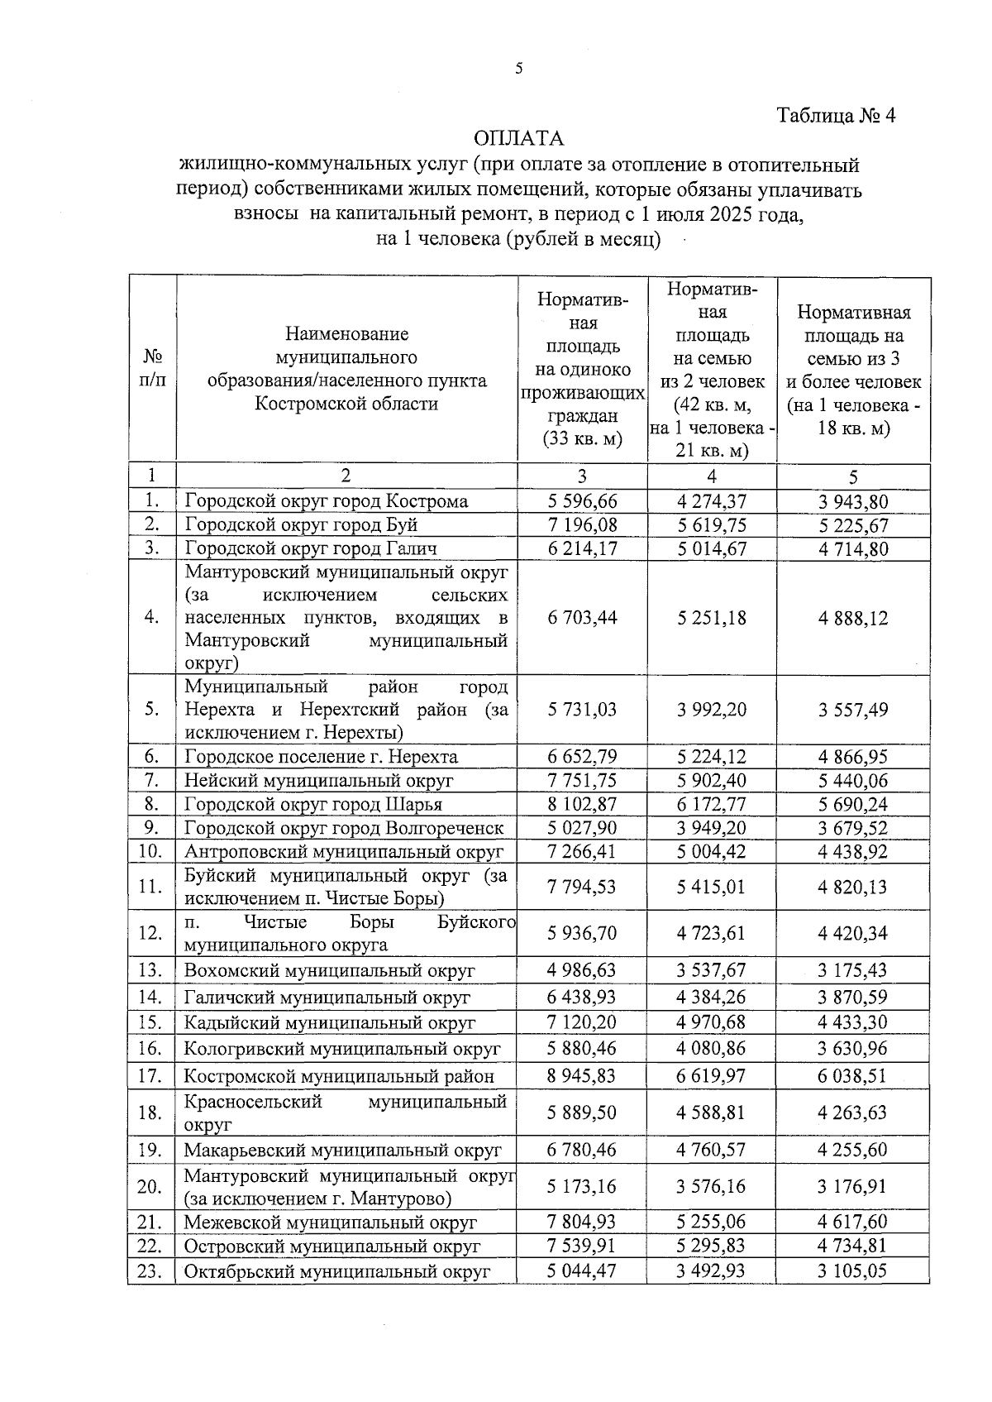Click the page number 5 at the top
pos(519,69)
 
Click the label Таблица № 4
pos(837,116)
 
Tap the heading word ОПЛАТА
pos(519,137)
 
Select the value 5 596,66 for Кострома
pos(582,501)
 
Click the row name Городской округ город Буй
pos(301,525)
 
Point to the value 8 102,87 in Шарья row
pos(582,804)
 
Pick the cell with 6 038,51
pos(853,1075)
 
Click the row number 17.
pos(150,1076)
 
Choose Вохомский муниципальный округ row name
pos(329,970)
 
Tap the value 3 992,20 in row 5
pos(711,710)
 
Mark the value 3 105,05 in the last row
pos(853,1270)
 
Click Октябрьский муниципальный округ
pos(337,1271)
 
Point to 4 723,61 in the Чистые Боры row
pos(711,933)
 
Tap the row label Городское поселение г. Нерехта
pos(321,757)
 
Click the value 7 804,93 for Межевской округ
pos(582,1222)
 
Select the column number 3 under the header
pos(582,476)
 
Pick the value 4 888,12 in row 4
pos(853,618)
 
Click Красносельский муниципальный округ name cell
pos(345,1113)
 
